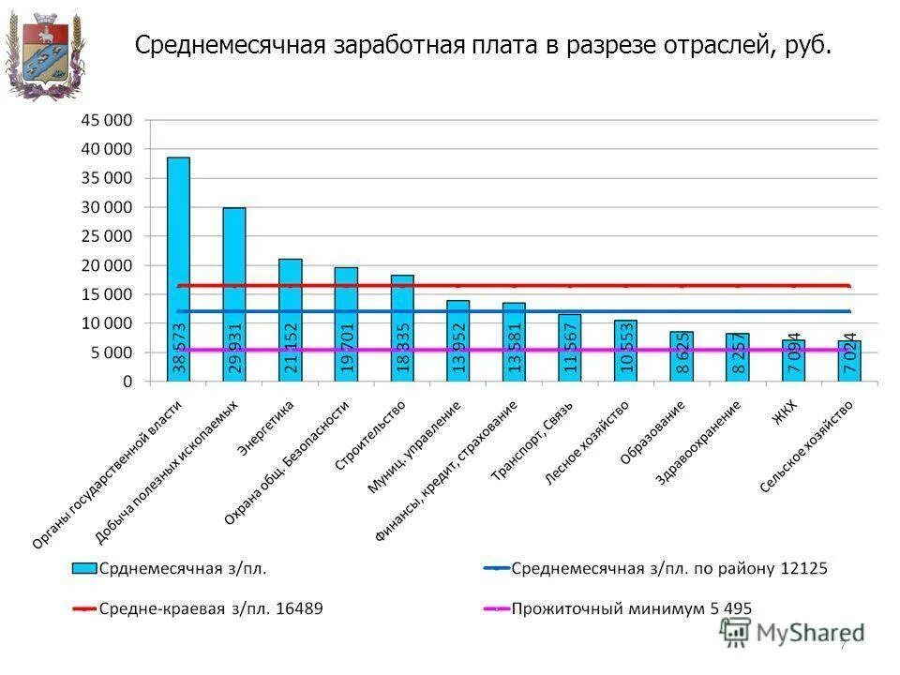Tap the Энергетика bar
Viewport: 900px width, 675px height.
(290, 319)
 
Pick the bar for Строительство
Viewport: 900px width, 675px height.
(402, 327)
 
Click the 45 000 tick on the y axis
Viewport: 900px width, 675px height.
(107, 120)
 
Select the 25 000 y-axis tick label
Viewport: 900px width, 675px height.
(107, 236)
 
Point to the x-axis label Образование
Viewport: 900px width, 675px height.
(652, 433)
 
